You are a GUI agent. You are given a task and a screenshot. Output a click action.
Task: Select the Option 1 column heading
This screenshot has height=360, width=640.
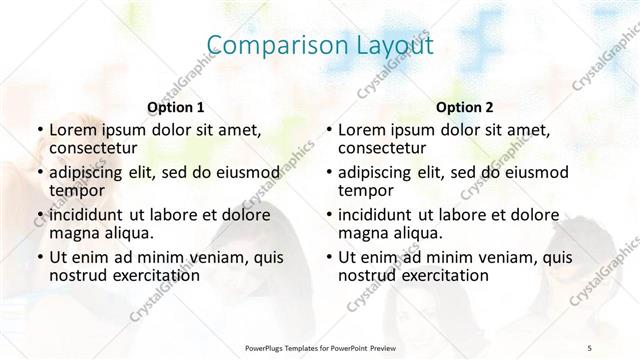pos(176,107)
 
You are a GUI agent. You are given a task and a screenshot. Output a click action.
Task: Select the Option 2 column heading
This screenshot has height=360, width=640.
pos(465,107)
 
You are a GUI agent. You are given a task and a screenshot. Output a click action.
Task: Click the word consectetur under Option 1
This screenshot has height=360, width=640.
pos(92,149)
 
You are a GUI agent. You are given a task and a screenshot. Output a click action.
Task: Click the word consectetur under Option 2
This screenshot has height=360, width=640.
pos(383,149)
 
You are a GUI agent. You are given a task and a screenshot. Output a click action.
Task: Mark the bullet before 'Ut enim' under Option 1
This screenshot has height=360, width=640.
pos(39,257)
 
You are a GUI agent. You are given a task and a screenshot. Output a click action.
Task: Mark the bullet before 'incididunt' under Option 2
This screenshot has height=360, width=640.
pos(329,215)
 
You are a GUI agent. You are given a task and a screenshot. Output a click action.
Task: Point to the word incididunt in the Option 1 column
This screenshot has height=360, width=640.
pos(88,215)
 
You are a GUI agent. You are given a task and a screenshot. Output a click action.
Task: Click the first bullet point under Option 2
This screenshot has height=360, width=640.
pos(329,131)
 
